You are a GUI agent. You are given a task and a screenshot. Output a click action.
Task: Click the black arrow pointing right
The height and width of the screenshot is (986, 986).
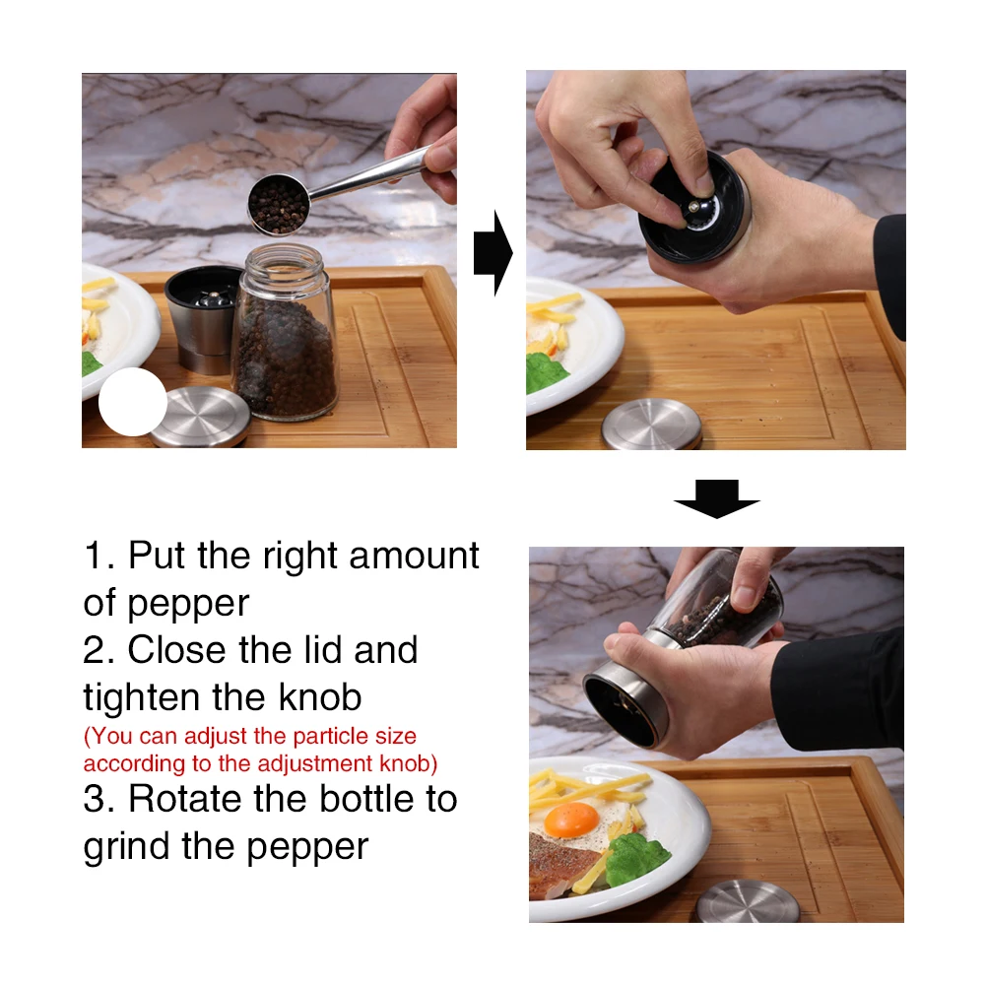tap(493, 253)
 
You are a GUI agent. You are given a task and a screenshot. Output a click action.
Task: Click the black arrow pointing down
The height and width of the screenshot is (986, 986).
tap(717, 498)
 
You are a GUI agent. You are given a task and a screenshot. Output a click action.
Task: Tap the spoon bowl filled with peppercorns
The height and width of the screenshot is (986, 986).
tap(279, 205)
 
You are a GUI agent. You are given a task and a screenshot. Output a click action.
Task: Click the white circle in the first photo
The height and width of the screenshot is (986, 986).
tap(133, 402)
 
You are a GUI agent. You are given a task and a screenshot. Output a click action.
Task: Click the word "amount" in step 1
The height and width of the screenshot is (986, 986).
tap(414, 556)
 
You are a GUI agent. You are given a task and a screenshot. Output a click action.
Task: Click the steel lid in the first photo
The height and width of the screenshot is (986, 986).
tap(200, 417)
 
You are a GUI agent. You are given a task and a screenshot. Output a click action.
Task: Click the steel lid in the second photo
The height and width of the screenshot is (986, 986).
tap(651, 425)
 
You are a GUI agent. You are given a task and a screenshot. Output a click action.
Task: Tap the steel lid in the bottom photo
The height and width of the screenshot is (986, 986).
tap(748, 901)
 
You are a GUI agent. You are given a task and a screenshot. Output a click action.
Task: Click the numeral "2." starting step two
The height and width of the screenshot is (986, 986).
tap(99, 649)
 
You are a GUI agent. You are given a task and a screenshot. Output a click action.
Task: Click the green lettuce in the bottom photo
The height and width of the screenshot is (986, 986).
tap(635, 858)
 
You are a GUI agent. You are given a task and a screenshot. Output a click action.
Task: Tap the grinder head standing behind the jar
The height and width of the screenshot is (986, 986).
tap(204, 319)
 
